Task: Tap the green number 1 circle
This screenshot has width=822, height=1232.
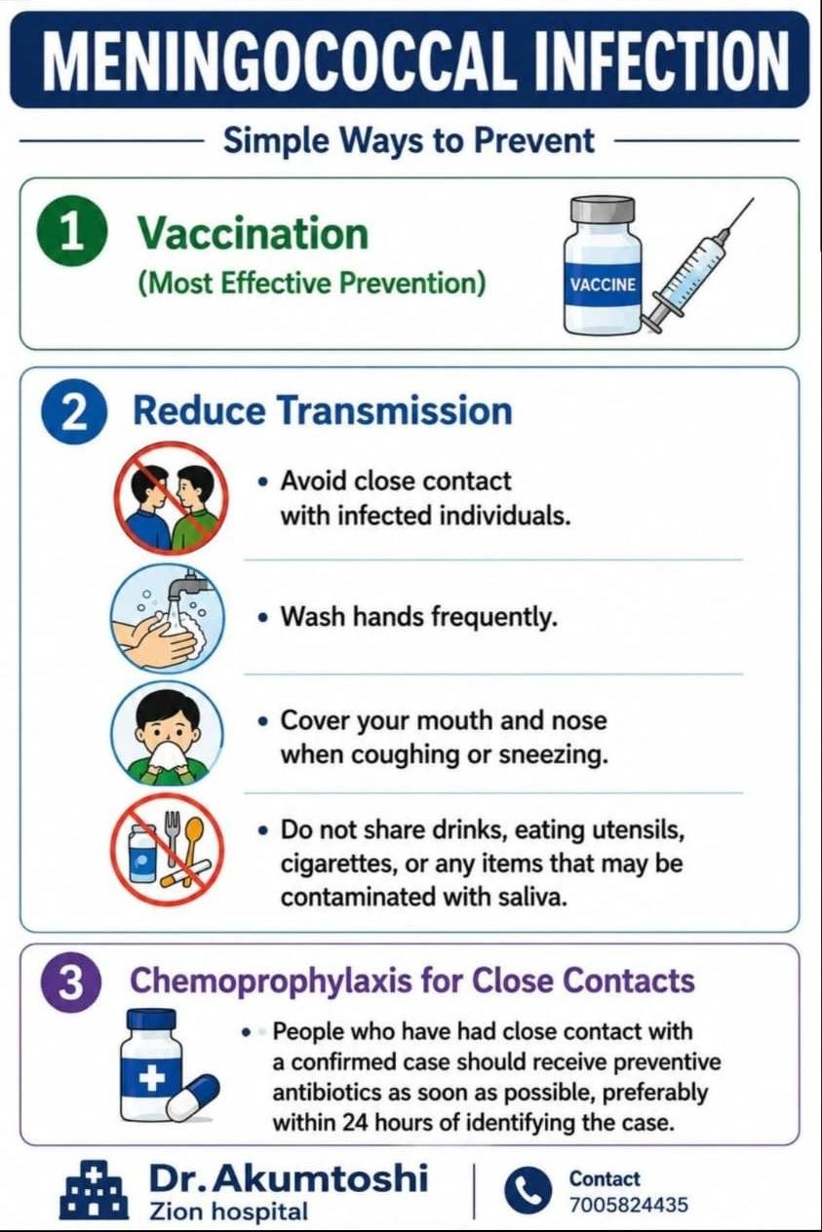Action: [70, 233]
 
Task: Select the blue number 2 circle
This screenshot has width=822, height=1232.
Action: [73, 413]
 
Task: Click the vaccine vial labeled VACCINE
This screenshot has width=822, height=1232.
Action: [603, 266]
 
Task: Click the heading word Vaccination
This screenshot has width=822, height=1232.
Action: [253, 233]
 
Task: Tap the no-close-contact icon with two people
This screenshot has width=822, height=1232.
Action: [171, 499]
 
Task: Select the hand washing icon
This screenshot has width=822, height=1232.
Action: [168, 619]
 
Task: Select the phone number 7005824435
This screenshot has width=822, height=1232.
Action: [628, 1205]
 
